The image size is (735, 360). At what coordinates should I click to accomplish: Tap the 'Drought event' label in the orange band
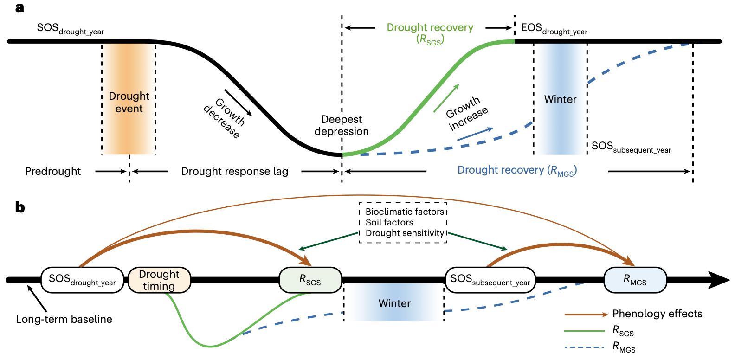[x=129, y=103]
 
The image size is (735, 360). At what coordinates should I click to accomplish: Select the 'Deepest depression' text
[x=342, y=125]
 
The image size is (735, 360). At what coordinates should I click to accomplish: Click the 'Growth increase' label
[x=466, y=114]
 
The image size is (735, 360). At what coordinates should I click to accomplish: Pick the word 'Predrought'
[x=53, y=171]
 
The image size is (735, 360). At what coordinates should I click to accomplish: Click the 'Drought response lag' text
[x=234, y=171]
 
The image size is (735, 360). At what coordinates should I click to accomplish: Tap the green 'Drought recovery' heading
[x=430, y=27]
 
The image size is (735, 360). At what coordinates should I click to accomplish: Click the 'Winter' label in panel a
[x=560, y=99]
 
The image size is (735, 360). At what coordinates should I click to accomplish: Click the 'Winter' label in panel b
[x=394, y=303]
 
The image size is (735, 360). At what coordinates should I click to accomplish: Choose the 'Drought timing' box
[x=159, y=280]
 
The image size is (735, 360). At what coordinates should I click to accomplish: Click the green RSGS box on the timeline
[x=310, y=280]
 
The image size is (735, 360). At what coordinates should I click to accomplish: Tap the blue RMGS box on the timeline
[x=635, y=280]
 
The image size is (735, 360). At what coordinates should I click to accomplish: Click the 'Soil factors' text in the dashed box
[x=389, y=222]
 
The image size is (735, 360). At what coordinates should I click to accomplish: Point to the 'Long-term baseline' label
[x=64, y=319]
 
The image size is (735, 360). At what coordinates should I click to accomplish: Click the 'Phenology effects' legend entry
[x=657, y=314]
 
